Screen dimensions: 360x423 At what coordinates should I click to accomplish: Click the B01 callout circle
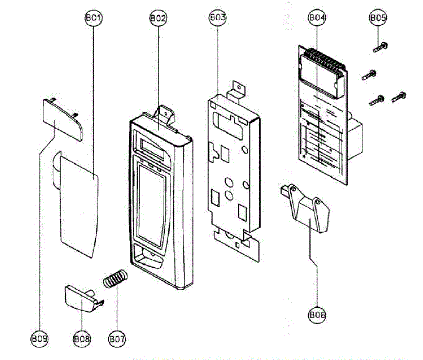[93, 18]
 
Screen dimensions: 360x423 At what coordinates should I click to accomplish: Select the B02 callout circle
[158, 18]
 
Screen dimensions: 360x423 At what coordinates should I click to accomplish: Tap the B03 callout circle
[217, 18]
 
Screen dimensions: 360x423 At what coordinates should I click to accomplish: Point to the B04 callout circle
[317, 18]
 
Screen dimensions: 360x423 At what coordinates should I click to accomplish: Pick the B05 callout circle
[378, 18]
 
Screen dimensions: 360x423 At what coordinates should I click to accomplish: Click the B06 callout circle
[317, 315]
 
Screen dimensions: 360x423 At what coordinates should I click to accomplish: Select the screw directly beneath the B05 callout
[380, 46]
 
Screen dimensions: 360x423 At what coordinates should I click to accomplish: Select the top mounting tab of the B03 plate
[237, 89]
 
